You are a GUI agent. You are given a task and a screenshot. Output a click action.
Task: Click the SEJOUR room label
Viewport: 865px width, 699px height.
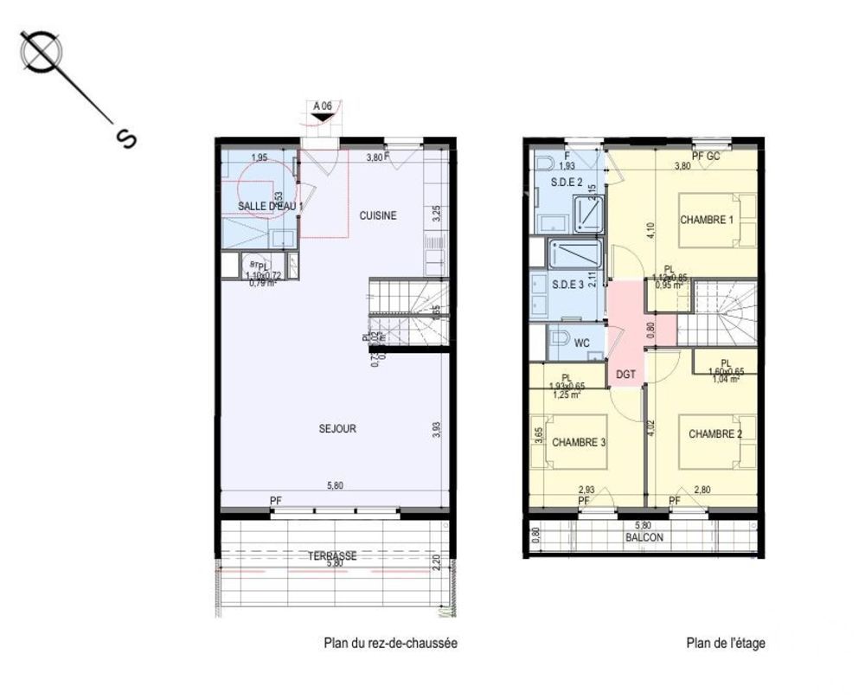pyautogui.click(x=336, y=428)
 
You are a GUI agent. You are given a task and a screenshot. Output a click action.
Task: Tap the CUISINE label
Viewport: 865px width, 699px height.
pyautogui.click(x=378, y=215)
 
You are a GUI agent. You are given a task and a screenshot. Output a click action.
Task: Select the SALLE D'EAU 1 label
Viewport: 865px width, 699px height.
pyautogui.click(x=269, y=206)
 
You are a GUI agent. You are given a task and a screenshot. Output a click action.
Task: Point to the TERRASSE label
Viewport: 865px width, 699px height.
pyautogui.click(x=332, y=556)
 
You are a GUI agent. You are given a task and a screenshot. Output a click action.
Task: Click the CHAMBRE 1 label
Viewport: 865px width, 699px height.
pyautogui.click(x=706, y=220)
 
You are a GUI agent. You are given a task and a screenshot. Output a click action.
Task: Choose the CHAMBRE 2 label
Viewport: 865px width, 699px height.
pyautogui.click(x=715, y=434)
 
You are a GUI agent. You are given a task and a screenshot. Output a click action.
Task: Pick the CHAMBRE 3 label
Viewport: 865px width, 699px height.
pyautogui.click(x=580, y=443)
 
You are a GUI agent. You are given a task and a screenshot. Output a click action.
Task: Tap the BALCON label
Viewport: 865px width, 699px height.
pyautogui.click(x=644, y=536)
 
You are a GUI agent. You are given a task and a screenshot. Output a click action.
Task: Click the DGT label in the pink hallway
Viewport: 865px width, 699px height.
pyautogui.click(x=625, y=374)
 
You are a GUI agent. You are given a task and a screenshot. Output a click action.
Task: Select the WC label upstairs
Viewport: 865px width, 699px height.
pyautogui.click(x=582, y=343)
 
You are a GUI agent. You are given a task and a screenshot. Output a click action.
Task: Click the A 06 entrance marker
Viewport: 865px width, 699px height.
pyautogui.click(x=324, y=106)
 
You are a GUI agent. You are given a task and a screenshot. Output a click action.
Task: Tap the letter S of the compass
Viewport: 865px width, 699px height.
pyautogui.click(x=125, y=138)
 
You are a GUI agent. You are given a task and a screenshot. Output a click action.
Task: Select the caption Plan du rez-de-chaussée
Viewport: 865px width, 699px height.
pyautogui.click(x=390, y=643)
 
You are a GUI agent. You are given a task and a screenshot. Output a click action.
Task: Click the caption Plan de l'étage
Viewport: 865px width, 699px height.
pyautogui.click(x=726, y=643)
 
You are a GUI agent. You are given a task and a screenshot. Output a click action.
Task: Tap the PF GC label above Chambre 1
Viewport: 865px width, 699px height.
pyautogui.click(x=706, y=156)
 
